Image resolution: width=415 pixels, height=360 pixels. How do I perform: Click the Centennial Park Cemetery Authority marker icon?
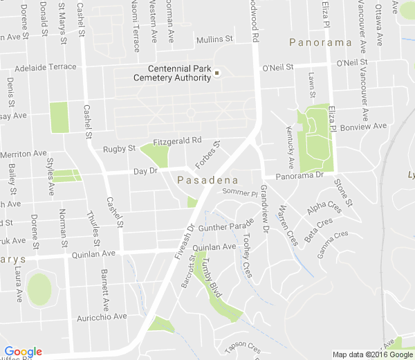pos(216,73)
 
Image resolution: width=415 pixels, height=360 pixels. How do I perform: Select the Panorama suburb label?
pos(321,43)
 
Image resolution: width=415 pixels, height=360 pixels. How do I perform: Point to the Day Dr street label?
pos(146,171)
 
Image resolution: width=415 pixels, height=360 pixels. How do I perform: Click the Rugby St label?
pos(119,149)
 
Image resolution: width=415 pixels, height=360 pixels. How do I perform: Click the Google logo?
pos(23,352)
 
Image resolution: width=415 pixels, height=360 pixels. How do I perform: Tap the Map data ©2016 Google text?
pos(371,354)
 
